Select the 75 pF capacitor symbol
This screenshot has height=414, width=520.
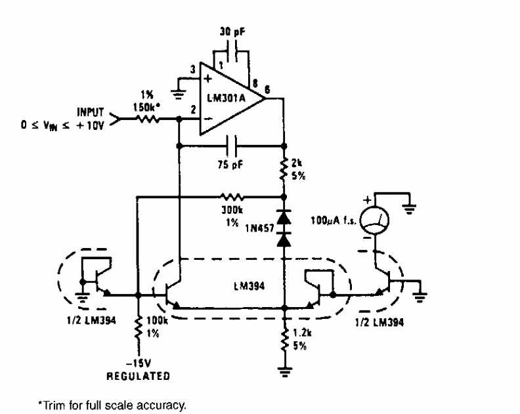click(x=230, y=144)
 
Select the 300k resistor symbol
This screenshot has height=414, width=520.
click(x=230, y=196)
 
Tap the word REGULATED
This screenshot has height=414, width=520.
click(x=138, y=377)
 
